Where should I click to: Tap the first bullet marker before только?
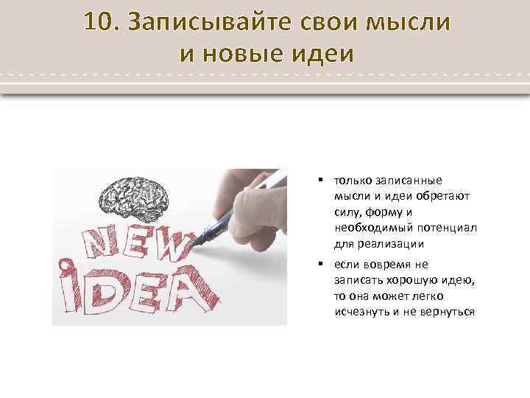pyautogui.click(x=322, y=179)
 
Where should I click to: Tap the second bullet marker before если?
pyautogui.click(x=322, y=263)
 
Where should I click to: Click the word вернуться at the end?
pyautogui.click(x=447, y=312)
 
